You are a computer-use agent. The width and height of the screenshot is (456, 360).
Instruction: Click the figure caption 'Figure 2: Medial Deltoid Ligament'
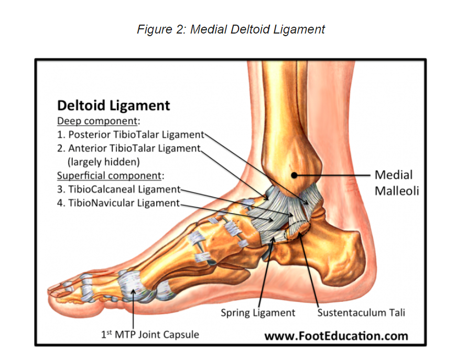pyautogui.click(x=231, y=29)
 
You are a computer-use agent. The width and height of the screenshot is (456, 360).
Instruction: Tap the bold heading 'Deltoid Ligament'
pyautogui.click(x=113, y=105)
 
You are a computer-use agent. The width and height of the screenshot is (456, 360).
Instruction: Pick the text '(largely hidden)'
pyautogui.click(x=104, y=162)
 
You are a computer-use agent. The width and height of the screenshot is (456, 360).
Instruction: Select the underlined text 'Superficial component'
pyautogui.click(x=110, y=175)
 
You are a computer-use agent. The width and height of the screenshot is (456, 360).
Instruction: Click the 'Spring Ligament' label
pyautogui.click(x=258, y=313)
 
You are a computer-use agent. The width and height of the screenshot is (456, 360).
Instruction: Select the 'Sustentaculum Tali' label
pyautogui.click(x=361, y=313)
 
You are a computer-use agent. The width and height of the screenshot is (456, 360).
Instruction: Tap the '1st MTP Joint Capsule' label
pyautogui.click(x=150, y=334)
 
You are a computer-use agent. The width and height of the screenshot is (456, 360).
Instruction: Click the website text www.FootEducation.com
pyautogui.click(x=336, y=335)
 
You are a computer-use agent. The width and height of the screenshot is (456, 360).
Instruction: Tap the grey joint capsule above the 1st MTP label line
pyautogui.click(x=132, y=283)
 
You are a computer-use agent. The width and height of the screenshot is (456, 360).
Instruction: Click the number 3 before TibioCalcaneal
pyautogui.click(x=60, y=189)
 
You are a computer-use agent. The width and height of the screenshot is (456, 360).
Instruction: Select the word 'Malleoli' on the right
pyautogui.click(x=397, y=190)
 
